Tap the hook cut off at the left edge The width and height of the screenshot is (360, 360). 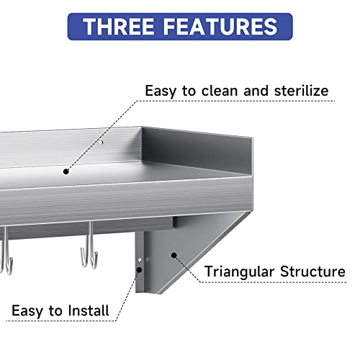point(4,252)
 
